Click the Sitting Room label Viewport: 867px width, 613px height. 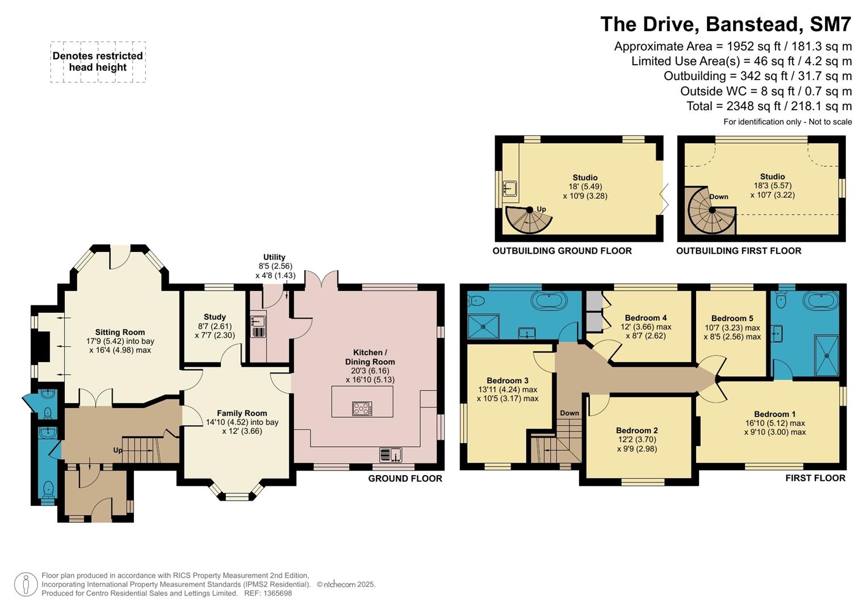click(120, 332)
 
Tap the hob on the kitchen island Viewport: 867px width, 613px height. click(362, 408)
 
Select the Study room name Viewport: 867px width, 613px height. click(215, 317)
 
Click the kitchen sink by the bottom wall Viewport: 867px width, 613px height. click(391, 455)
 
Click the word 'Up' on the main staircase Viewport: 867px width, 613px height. click(118, 450)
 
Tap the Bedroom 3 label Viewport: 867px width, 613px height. click(507, 380)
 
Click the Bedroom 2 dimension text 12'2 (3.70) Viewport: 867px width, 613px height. click(636, 439)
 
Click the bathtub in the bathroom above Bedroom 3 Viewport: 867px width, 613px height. click(548, 300)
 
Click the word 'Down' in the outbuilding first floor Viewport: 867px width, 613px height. click(718, 197)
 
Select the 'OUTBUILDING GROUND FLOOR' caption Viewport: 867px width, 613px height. click(562, 251)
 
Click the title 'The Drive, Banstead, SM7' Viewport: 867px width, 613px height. click(726, 24)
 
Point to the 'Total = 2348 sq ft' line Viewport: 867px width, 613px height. click(769, 106)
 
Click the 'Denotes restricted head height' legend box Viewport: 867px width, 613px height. click(98, 62)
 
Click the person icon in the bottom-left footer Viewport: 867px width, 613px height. click(26, 585)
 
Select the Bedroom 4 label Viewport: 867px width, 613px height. click(646, 318)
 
